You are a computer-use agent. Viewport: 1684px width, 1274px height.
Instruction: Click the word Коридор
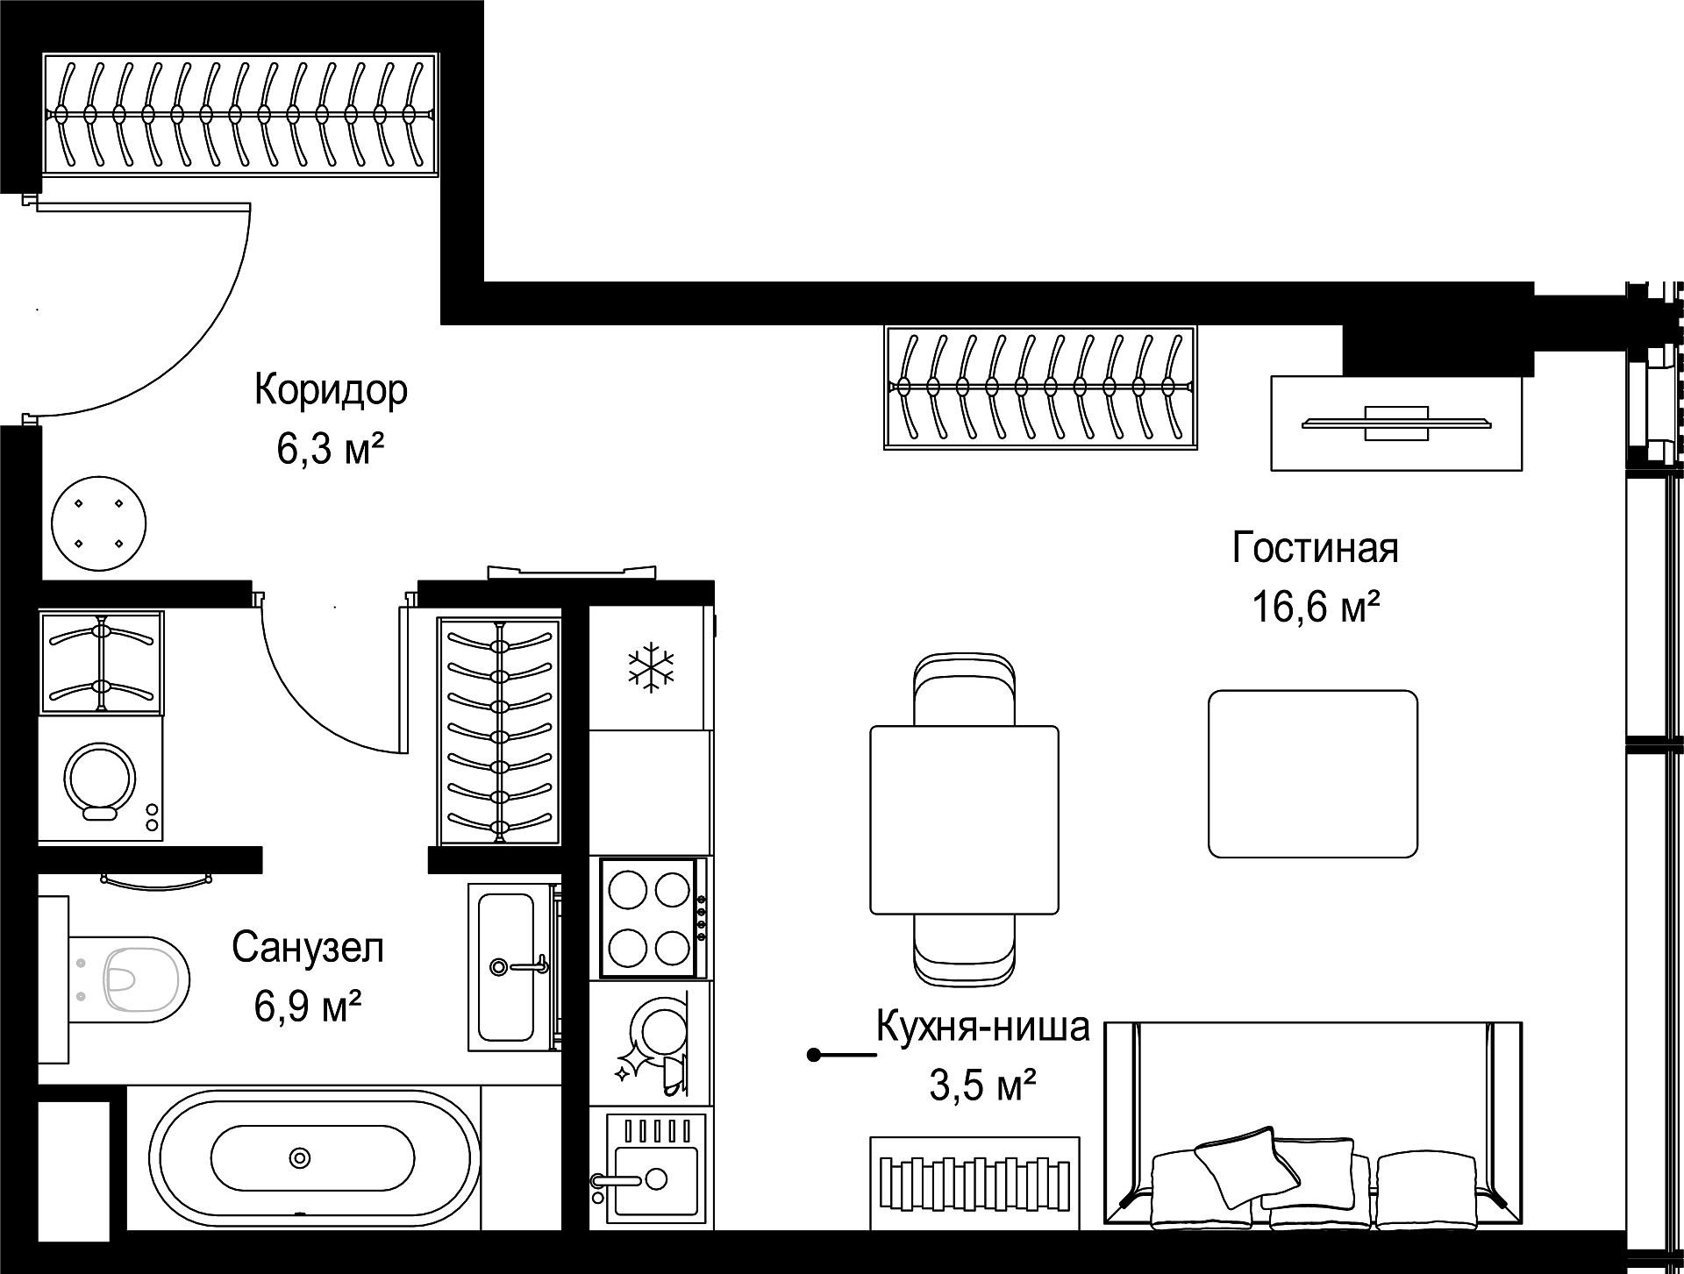(331, 390)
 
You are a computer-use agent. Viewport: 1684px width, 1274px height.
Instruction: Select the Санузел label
(308, 947)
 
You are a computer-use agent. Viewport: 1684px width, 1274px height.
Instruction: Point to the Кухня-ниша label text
(983, 1026)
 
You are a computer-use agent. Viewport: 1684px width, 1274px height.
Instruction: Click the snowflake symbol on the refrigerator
(652, 667)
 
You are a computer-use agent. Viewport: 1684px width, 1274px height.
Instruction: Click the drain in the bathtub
(301, 1158)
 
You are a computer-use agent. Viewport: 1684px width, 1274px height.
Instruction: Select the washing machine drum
(100, 777)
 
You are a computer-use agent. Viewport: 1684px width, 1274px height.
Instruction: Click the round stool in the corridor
(99, 524)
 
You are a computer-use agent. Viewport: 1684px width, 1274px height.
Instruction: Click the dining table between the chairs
(965, 820)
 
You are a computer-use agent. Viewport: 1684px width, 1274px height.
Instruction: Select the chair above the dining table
(965, 690)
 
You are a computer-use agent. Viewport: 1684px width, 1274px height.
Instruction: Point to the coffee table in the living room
(1313, 773)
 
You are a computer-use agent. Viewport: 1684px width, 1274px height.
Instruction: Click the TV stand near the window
(1396, 423)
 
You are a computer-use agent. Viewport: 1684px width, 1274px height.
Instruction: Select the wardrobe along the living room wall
(1041, 387)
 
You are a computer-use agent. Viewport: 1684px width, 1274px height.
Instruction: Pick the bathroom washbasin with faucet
(513, 966)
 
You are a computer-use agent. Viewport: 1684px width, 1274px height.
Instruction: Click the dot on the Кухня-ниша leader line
(814, 1055)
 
